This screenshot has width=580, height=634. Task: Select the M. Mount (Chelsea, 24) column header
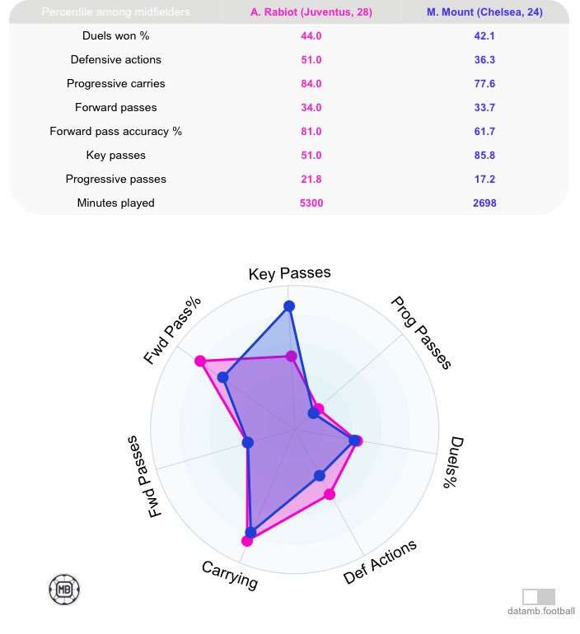[x=484, y=12]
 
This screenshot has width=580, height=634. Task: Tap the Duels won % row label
[x=115, y=36]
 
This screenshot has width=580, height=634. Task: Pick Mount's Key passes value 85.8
[x=484, y=155]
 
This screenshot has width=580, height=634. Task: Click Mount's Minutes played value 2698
[x=484, y=203]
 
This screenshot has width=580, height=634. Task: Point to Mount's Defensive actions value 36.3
[x=484, y=60]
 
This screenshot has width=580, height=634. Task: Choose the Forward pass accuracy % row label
[x=115, y=131]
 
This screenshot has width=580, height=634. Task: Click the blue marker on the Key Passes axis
[x=289, y=306]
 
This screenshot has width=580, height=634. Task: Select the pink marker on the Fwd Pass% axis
[x=199, y=361]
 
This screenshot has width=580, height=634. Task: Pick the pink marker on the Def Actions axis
[x=330, y=494]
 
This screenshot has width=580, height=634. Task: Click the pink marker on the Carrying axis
[x=247, y=541]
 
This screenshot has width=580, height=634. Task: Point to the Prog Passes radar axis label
[x=420, y=333]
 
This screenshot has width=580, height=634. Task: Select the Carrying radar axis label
[x=230, y=575]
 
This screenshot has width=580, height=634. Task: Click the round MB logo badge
[x=64, y=589]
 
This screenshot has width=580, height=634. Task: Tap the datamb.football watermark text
[x=540, y=611]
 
